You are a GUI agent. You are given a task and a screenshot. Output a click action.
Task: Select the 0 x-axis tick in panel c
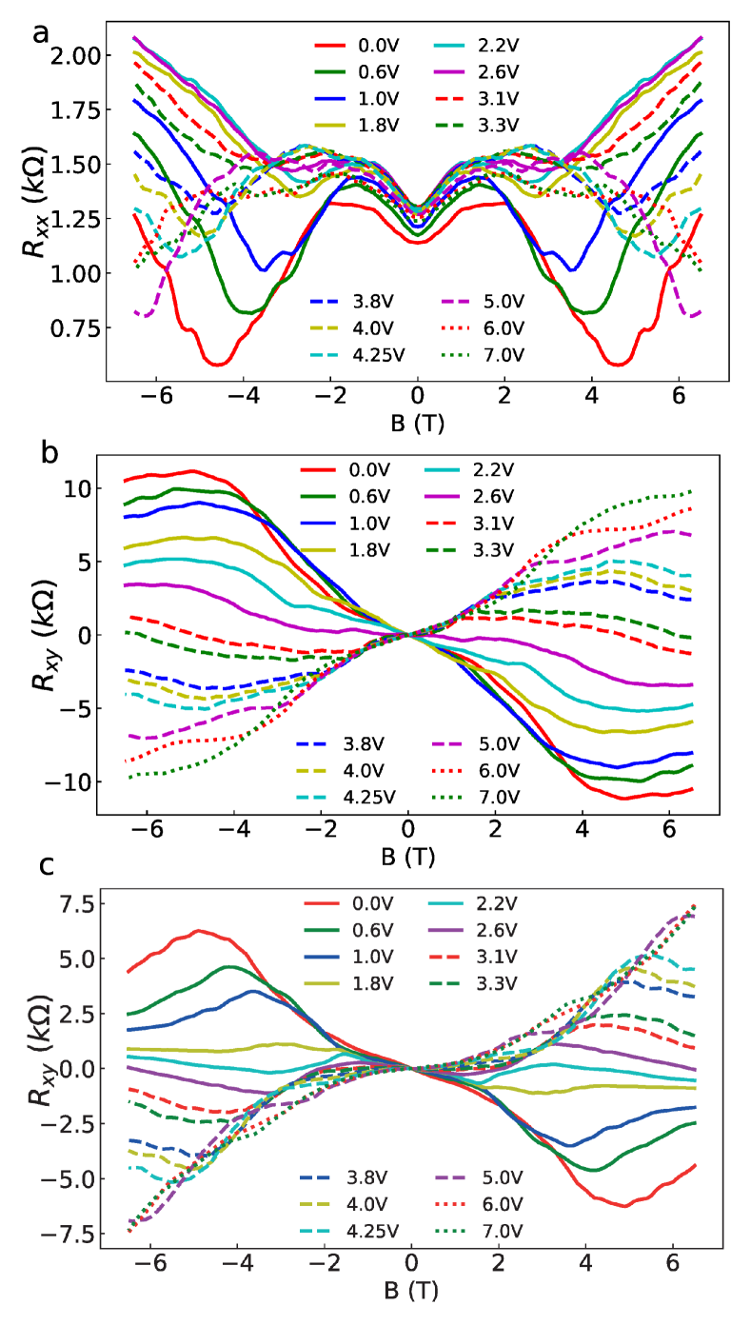click(x=411, y=1272)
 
